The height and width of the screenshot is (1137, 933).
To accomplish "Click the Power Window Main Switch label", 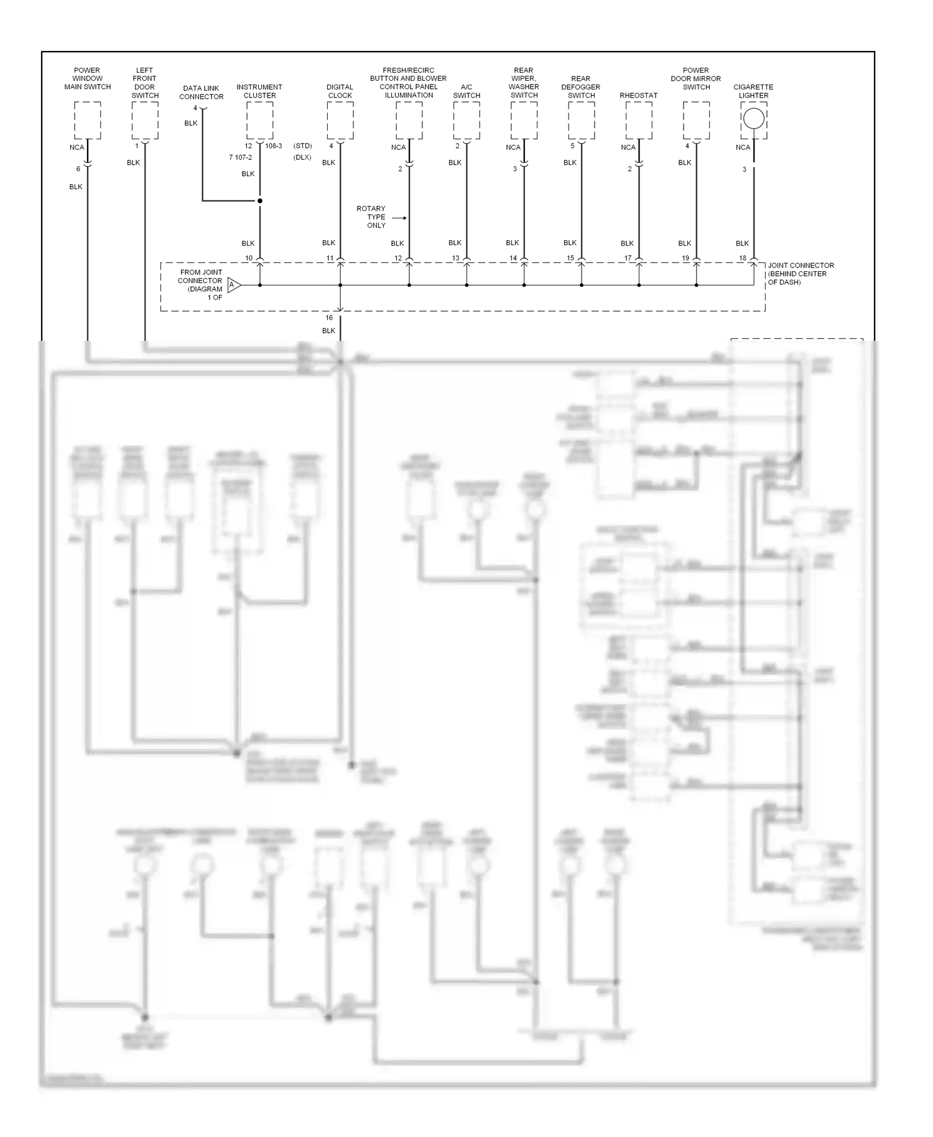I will (x=88, y=79).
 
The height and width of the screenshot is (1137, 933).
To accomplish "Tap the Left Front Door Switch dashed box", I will (x=145, y=121).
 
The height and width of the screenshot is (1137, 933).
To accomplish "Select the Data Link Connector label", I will (x=202, y=93).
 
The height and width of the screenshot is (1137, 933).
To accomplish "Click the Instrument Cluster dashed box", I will (x=260, y=121).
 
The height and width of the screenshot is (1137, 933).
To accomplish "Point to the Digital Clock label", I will (x=340, y=91).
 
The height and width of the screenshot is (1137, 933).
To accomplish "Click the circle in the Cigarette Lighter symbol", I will (x=754, y=118).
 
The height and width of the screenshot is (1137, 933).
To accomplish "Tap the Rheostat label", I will (x=639, y=96).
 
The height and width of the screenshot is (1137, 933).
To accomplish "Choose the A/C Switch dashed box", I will (x=466, y=121).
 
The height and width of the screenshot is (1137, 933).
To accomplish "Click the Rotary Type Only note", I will (x=371, y=217).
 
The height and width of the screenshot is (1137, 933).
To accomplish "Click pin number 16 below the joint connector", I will (x=329, y=318).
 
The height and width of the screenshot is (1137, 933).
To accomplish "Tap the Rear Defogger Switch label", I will (x=581, y=87).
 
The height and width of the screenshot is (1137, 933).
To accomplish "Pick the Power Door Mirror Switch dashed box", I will (x=697, y=121).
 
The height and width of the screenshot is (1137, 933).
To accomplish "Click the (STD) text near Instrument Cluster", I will (x=303, y=146).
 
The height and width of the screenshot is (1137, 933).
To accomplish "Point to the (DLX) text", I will (x=302, y=158).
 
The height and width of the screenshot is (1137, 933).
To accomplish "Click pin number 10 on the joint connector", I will (x=249, y=258).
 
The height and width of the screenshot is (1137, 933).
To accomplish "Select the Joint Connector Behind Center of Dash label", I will (x=801, y=274).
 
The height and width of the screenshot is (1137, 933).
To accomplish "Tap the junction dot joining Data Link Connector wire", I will (x=260, y=201).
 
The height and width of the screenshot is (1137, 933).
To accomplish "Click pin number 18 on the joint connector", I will (x=743, y=258).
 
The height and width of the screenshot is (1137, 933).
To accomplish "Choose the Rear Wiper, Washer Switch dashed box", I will (x=524, y=121).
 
